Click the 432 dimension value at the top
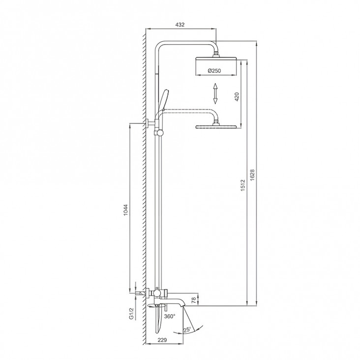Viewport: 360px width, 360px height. pyautogui.click(x=180, y=25)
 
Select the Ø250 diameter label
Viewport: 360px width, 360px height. pyautogui.click(x=214, y=71)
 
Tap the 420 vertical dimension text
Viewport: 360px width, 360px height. pyautogui.click(x=237, y=97)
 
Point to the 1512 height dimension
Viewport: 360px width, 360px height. pyautogui.click(x=243, y=185)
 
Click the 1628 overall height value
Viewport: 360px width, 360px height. pyautogui.click(x=252, y=175)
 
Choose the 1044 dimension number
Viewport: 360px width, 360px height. pyautogui.click(x=125, y=210)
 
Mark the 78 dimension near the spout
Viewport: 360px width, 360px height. pyautogui.click(x=193, y=300)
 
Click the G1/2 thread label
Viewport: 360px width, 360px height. pyautogui.click(x=131, y=314)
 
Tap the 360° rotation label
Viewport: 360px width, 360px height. pyautogui.click(x=170, y=316)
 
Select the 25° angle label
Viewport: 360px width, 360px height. pyautogui.click(x=187, y=330)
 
